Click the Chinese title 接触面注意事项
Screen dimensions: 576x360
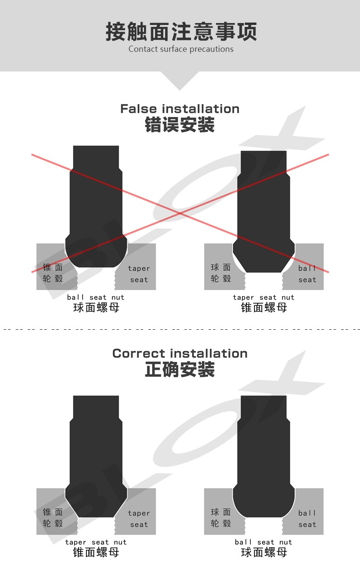click(181, 31)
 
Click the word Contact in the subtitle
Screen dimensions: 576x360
click(143, 49)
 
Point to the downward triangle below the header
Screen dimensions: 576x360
click(180, 79)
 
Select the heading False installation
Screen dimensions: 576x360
click(180, 109)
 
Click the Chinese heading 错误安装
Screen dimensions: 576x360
click(180, 125)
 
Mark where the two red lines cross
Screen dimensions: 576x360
click(180, 213)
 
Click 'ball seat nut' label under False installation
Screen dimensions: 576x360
click(96, 298)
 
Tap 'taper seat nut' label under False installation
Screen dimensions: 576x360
click(264, 298)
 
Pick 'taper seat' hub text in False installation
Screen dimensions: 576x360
click(139, 274)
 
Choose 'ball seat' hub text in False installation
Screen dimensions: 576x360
click(307, 274)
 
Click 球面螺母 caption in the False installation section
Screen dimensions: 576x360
click(96, 308)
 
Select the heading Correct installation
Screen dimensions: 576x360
click(180, 354)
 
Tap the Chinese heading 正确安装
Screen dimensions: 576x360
click(180, 370)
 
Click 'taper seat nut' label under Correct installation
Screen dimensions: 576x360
click(96, 542)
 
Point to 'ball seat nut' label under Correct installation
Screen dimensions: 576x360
click(264, 542)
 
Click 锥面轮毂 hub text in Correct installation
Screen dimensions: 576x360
click(53, 518)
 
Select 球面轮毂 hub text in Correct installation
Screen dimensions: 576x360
click(221, 518)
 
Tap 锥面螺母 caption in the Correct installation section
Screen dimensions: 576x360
click(96, 552)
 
